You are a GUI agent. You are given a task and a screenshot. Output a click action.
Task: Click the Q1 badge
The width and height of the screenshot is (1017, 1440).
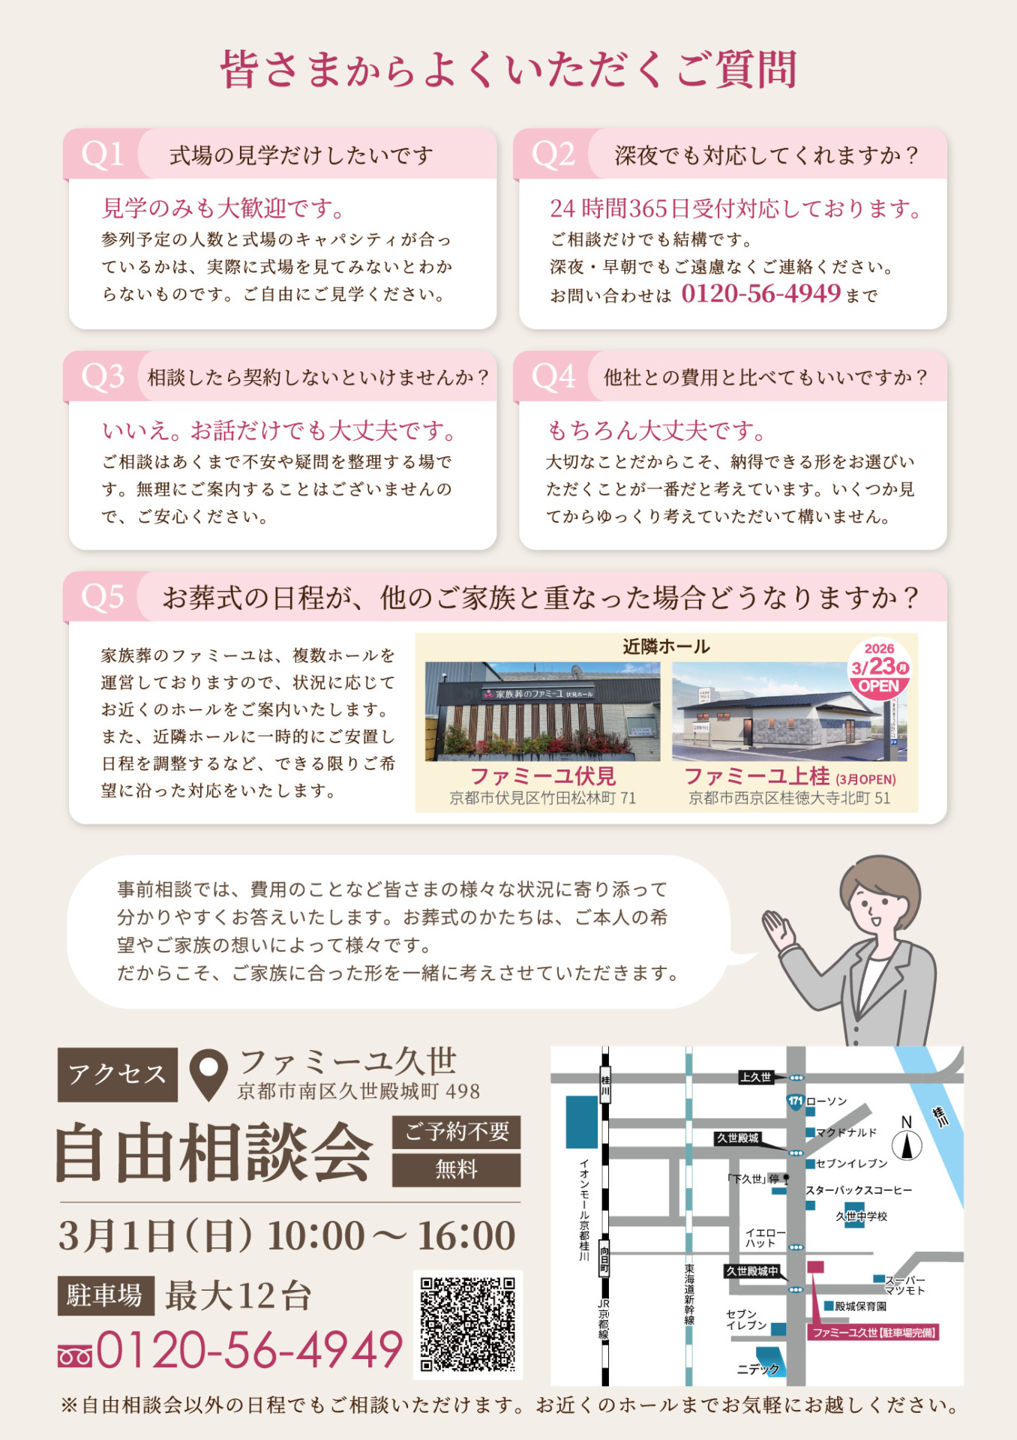click(x=103, y=154)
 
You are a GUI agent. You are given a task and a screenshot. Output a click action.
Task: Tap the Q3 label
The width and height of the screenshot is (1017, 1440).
click(x=103, y=376)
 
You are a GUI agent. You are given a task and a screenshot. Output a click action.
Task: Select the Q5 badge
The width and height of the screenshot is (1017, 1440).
click(x=103, y=598)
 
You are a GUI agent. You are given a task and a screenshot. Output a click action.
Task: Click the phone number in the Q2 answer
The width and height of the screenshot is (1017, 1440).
click(x=760, y=293)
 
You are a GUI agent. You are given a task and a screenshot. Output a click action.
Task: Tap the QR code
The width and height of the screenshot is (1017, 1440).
click(x=468, y=1324)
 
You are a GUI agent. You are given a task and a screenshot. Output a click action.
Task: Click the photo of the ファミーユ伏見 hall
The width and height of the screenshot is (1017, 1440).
click(x=542, y=712)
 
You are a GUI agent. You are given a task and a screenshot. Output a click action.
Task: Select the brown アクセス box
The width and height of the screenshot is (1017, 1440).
click(x=118, y=1075)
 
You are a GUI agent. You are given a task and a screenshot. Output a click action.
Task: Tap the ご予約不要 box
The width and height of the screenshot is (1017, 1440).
click(x=457, y=1132)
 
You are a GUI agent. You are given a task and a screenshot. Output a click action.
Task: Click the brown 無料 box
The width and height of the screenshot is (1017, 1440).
click(x=457, y=1170)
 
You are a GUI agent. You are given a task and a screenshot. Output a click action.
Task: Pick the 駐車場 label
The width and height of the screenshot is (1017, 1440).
click(x=106, y=1295)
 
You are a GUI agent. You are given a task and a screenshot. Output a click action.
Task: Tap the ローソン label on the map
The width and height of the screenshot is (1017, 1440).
click(x=826, y=1101)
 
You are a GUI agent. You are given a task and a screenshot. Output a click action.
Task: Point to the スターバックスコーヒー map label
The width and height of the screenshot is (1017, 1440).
click(x=859, y=1190)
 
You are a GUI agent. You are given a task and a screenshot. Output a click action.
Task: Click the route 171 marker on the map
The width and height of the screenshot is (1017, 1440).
click(x=795, y=1101)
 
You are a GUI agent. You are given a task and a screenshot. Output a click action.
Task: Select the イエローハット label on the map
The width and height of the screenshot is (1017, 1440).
click(x=765, y=1237)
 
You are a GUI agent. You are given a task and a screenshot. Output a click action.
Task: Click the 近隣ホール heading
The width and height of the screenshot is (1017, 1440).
click(x=666, y=646)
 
